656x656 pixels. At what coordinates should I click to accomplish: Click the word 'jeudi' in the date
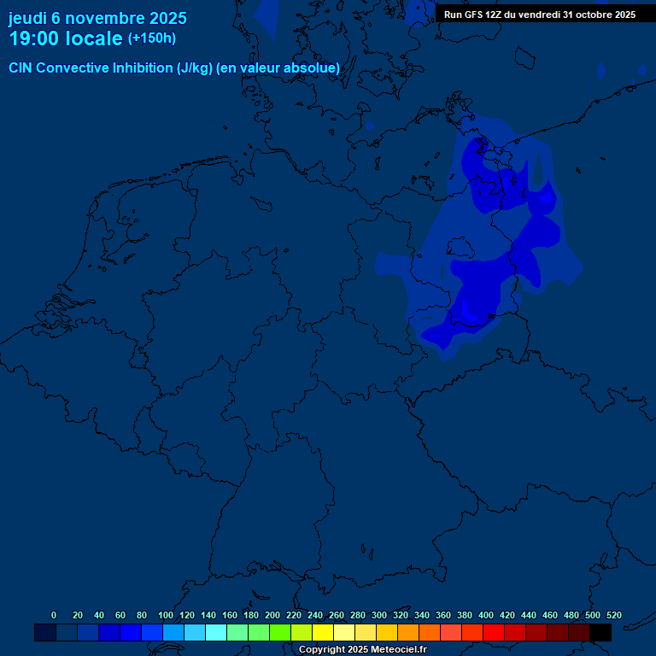click(x=27, y=18)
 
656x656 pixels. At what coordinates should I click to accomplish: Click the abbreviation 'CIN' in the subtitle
click(x=20, y=68)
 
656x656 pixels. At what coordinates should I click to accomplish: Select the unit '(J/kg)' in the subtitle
click(x=196, y=68)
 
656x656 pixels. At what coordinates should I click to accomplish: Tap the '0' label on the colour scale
click(x=54, y=615)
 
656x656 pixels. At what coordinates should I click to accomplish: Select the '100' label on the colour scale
click(x=166, y=615)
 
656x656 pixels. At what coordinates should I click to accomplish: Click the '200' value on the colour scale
click(x=272, y=615)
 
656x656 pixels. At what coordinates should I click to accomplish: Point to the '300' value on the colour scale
click(x=379, y=615)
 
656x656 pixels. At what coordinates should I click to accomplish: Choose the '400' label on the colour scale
click(x=486, y=615)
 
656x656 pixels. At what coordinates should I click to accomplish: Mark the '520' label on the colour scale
click(x=614, y=615)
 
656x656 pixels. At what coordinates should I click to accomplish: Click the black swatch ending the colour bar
click(x=600, y=633)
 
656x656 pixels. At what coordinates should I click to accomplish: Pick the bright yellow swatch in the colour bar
click(x=323, y=633)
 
